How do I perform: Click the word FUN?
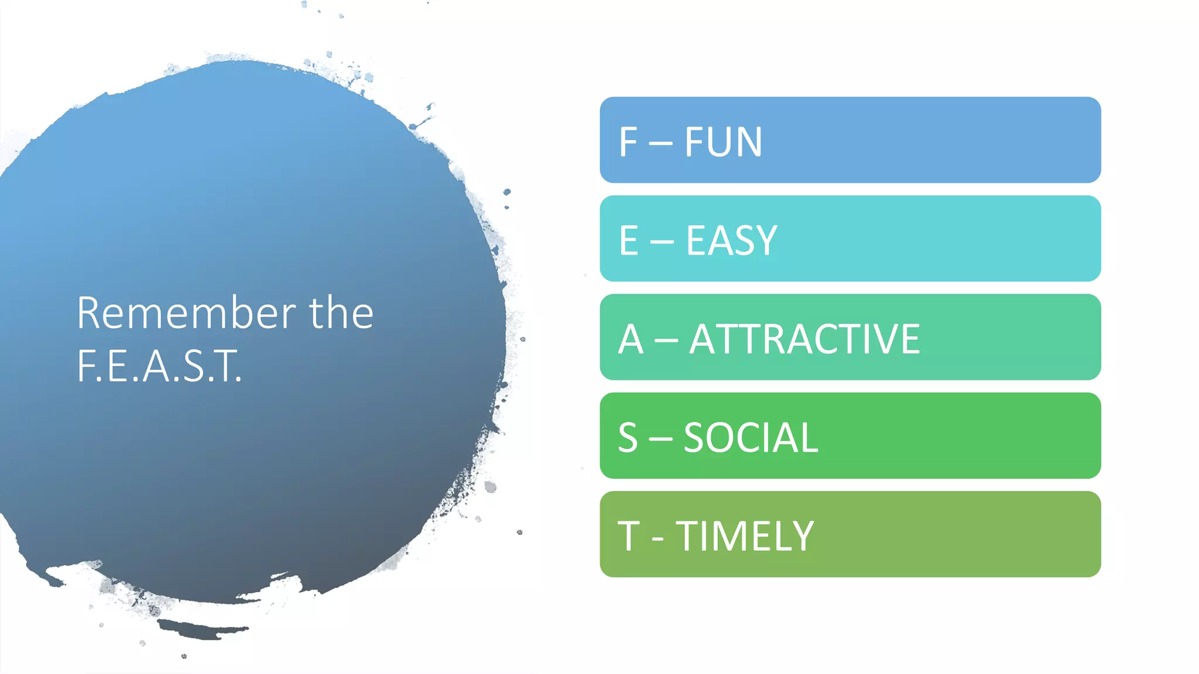click(x=723, y=142)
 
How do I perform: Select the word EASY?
click(x=731, y=240)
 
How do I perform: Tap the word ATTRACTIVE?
click(x=804, y=339)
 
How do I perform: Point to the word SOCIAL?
click(x=751, y=438)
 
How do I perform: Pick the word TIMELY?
click(x=745, y=537)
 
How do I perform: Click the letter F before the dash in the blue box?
click(x=628, y=142)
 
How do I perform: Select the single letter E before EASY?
click(x=629, y=240)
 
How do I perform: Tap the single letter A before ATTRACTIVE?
click(x=631, y=339)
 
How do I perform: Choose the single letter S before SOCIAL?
click(x=628, y=438)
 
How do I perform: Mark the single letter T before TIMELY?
click(x=629, y=537)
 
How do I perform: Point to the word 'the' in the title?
click(x=341, y=313)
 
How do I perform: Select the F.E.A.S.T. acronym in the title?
click(x=159, y=366)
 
